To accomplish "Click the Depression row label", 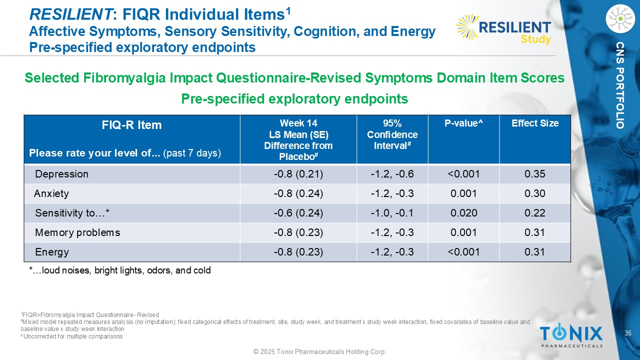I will [61, 174].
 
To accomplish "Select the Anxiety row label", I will [51, 193].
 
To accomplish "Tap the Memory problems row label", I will [77, 232].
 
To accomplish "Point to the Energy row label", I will [52, 252].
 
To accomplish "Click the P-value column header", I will [463, 123].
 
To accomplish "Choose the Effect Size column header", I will [535, 123].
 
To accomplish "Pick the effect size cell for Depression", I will [535, 174].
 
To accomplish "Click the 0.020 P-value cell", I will [463, 213].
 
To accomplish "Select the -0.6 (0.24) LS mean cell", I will [298, 213].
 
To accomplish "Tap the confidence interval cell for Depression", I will [392, 174].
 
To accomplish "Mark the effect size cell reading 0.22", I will [535, 213].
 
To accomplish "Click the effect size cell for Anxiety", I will [535, 193].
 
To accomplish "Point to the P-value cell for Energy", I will [463, 252].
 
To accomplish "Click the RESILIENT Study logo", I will [504, 29].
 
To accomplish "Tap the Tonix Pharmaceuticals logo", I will [571, 335].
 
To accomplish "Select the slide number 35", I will [628, 333].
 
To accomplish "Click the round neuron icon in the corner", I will [619, 19].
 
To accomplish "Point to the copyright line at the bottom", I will [320, 352].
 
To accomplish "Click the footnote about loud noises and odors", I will [120, 270].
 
